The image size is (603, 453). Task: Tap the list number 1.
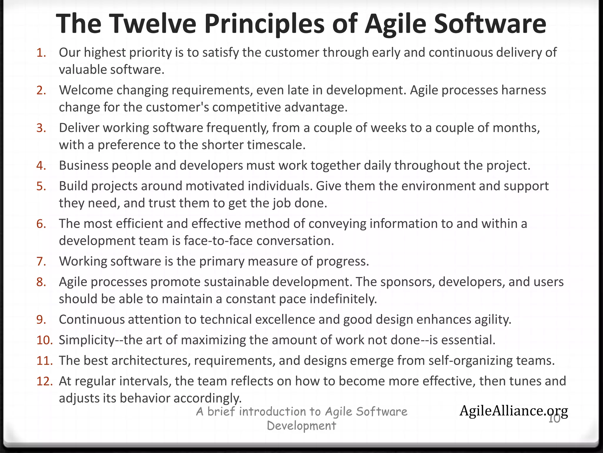click(x=41, y=53)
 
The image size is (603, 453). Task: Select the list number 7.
click(x=41, y=262)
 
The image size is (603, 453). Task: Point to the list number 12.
click(x=44, y=381)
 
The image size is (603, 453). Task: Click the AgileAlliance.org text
click(x=513, y=411)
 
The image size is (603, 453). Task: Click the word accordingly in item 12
click(x=207, y=398)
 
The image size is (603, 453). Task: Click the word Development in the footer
click(x=301, y=426)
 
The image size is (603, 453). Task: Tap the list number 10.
click(x=44, y=340)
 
